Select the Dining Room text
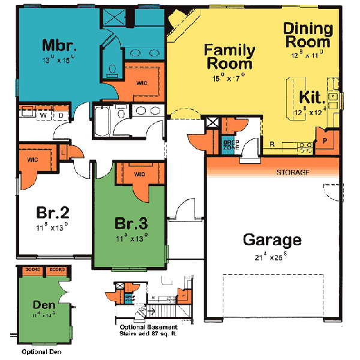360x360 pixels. click(x=307, y=35)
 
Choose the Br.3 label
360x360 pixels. click(x=130, y=223)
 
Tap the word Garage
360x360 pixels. click(x=272, y=240)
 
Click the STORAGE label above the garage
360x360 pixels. click(x=293, y=172)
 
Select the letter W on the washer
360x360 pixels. click(x=43, y=114)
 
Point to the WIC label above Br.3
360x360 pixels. click(x=139, y=174)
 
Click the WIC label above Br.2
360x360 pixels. click(x=34, y=160)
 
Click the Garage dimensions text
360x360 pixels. click(x=272, y=257)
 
